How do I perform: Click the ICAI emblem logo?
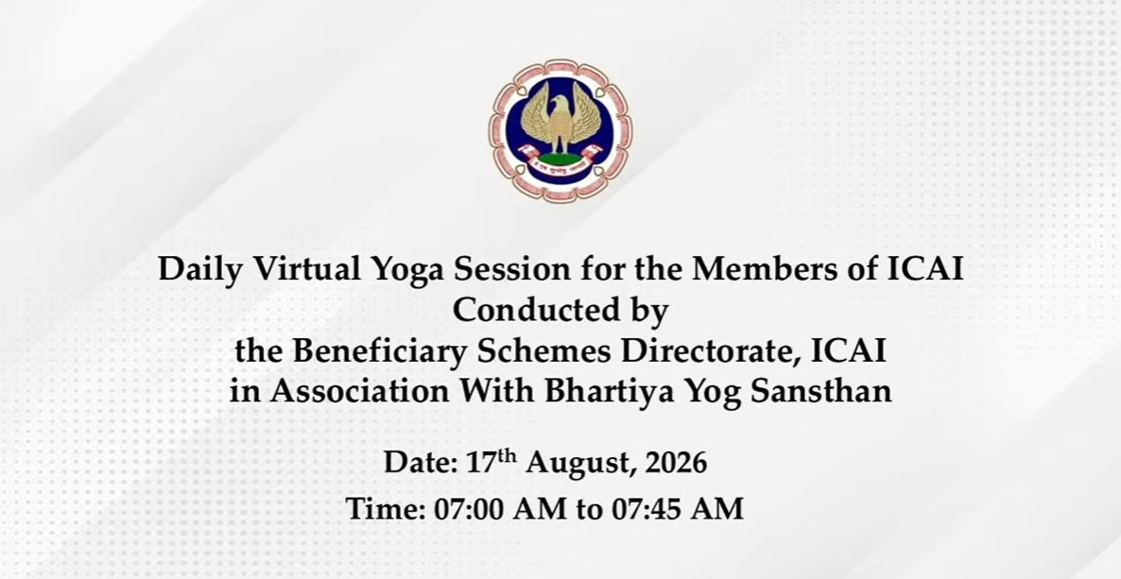[560, 130]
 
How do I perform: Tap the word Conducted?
[531, 310]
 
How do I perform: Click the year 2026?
[677, 463]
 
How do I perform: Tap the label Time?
[386, 509]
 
